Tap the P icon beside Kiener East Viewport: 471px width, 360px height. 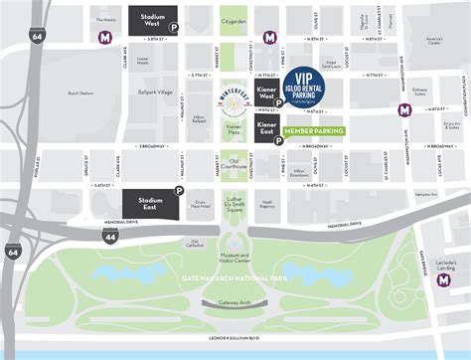tap(278, 141)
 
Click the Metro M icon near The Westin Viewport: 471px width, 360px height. tap(106, 38)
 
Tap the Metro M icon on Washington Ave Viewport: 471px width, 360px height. tap(404, 109)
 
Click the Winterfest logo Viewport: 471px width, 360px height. tap(235, 97)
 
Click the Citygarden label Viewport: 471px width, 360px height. tap(235, 20)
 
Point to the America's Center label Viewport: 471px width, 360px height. tap(433, 42)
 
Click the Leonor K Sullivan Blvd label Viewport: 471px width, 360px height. tap(235, 340)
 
